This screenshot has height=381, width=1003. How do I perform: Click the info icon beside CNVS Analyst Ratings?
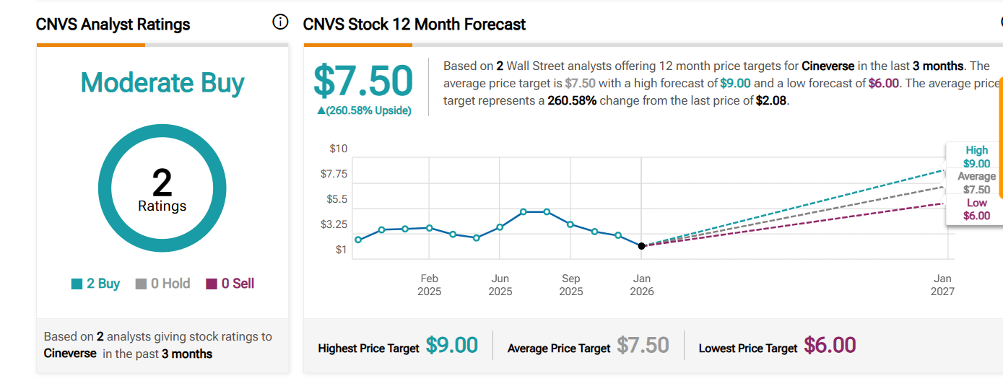[x=280, y=22]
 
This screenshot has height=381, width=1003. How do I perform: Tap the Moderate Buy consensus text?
[x=162, y=83]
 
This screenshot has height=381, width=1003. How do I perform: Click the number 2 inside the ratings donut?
[x=162, y=183]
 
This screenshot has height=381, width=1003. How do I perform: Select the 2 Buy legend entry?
[x=96, y=284]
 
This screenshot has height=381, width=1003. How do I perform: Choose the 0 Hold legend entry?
[x=162, y=284]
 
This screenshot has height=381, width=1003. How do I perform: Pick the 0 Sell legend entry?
[x=230, y=284]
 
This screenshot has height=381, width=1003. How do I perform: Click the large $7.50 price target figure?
[x=363, y=81]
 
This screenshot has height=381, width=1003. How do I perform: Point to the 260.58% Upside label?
[x=363, y=110]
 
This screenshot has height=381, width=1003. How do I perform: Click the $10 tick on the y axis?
[x=339, y=149]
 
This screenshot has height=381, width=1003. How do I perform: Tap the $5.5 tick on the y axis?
[x=336, y=199]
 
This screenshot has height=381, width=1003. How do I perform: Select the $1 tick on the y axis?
[x=341, y=250]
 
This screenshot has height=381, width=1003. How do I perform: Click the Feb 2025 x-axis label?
[x=429, y=285]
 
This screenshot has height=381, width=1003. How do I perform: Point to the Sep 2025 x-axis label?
[x=570, y=285]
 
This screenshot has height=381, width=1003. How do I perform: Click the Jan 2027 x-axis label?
[x=942, y=285]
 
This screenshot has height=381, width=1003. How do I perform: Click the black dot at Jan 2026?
[x=641, y=246]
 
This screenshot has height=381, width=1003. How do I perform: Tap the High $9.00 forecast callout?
[x=976, y=157]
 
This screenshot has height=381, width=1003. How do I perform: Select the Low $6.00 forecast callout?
[x=976, y=209]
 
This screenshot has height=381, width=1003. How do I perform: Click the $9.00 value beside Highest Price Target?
[x=452, y=346]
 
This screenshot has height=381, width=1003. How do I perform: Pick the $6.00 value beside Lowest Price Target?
[x=830, y=346]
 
